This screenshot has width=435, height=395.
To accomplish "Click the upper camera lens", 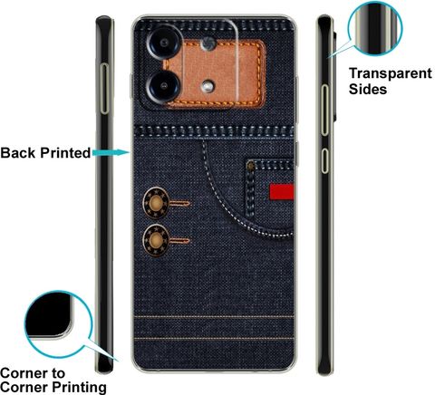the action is pyautogui.click(x=164, y=43).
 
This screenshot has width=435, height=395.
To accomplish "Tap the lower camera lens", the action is pyautogui.click(x=163, y=86).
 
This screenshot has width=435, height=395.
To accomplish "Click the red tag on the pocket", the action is pyautogui.click(x=282, y=192).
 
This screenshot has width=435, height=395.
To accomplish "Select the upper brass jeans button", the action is pyautogui.click(x=156, y=203).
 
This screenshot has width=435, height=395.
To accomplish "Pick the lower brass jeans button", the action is pyautogui.click(x=156, y=240).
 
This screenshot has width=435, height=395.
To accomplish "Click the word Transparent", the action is pyautogui.click(x=391, y=74).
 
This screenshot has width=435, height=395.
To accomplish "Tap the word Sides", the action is pyautogui.click(x=368, y=89).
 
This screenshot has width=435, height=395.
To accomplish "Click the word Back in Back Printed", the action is pyautogui.click(x=18, y=153).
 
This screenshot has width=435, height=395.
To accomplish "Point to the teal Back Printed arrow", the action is pyautogui.click(x=111, y=153).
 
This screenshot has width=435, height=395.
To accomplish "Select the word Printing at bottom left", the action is pyautogui.click(x=79, y=387).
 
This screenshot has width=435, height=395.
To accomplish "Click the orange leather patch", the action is pyautogui.click(x=216, y=74).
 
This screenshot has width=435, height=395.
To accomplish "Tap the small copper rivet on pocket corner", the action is pyautogui.click(x=250, y=165).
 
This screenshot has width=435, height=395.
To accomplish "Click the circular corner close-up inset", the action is pyautogui.click(x=58, y=324).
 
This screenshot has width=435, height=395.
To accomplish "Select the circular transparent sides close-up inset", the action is pyautogui.click(x=375, y=29).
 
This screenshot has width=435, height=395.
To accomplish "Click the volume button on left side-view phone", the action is pyautogui.click(x=104, y=89).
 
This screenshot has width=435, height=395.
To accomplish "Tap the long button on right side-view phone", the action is pyautogui.click(x=324, y=110).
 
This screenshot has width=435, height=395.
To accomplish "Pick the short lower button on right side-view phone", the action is pyautogui.click(x=324, y=160).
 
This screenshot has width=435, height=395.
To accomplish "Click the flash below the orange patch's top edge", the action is pyautogui.click(x=208, y=44).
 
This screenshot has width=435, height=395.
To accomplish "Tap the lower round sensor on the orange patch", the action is pyautogui.click(x=208, y=86).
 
